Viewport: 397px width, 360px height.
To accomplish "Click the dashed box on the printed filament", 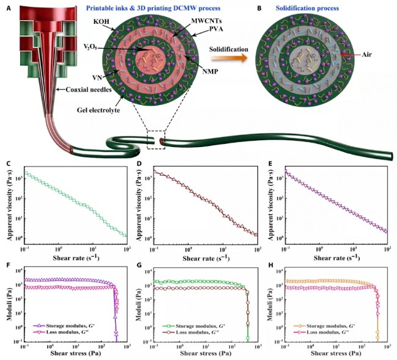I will point(157,140).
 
